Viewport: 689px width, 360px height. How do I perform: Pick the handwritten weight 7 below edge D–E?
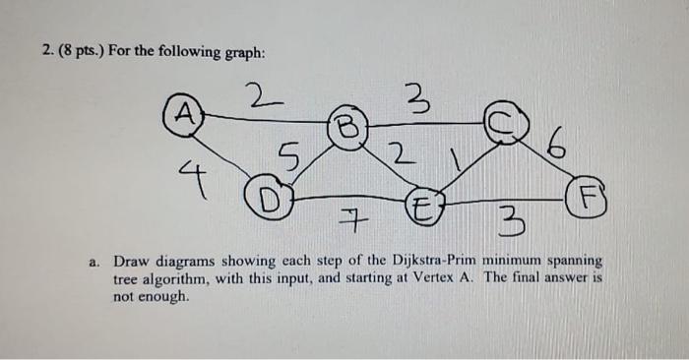pos(347,225)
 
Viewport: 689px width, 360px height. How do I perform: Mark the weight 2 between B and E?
pos(395,154)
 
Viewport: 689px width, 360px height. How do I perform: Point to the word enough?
pos(164,295)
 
